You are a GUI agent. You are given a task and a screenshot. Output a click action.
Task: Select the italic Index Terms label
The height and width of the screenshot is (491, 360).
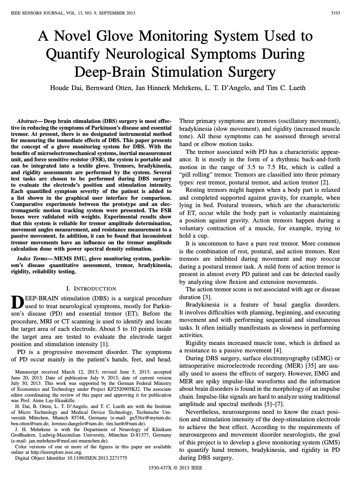click(34, 259)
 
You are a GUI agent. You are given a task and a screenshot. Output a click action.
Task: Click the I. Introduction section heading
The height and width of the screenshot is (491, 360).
click(91, 289)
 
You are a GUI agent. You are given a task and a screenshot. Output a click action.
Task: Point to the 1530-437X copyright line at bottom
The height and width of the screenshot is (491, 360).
click(175, 468)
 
